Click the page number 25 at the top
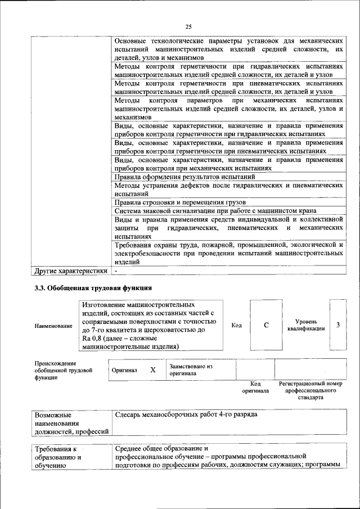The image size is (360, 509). tap(188, 26)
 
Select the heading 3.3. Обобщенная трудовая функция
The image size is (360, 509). tap(93, 288)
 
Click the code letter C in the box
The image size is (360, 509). tap(266, 325)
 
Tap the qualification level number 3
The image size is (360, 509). tap(337, 325)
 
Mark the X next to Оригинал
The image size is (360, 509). tap(152, 370)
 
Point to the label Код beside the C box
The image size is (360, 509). tap(236, 325)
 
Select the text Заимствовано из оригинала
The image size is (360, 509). tap(190, 370)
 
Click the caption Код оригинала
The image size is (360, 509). tap(255, 387)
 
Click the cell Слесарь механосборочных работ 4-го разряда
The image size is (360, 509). tap(186, 415)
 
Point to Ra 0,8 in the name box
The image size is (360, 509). tap(93, 339)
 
